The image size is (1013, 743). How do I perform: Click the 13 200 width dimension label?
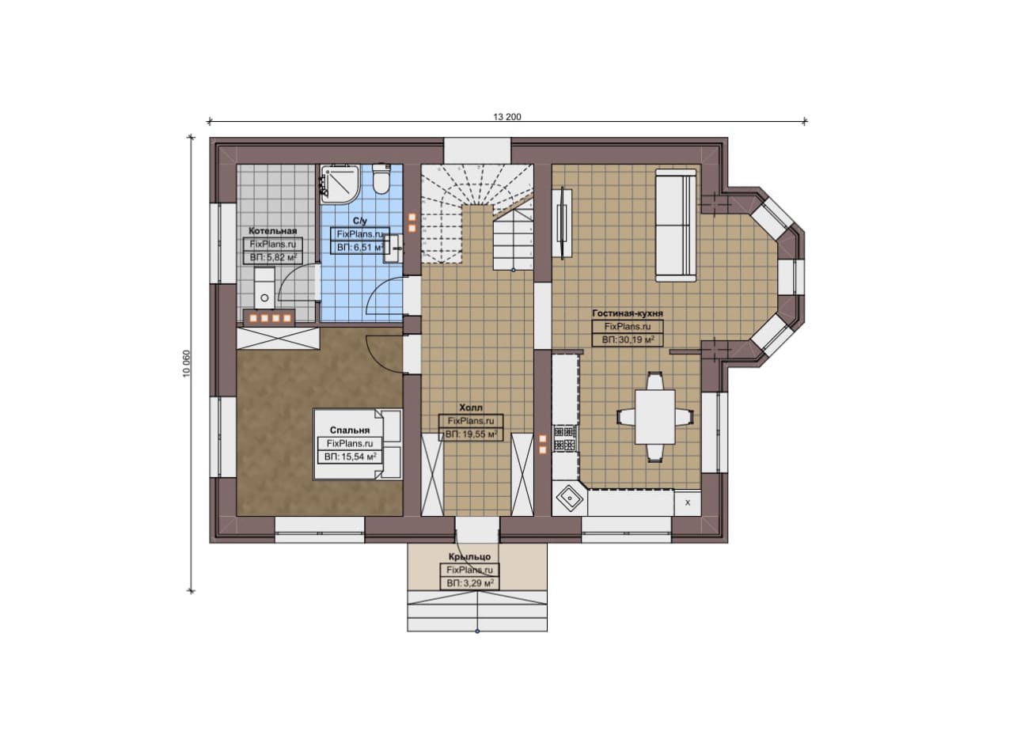click(x=507, y=116)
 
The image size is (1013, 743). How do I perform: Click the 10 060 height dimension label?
click(x=187, y=363)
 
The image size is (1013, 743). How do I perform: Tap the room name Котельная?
click(x=273, y=231)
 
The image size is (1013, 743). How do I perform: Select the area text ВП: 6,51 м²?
click(x=360, y=248)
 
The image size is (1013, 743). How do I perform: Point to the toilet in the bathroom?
click(x=381, y=179)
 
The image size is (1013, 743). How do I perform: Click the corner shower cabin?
click(x=340, y=184)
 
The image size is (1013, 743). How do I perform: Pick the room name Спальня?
click(x=350, y=430)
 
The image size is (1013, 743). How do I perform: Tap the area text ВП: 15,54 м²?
click(x=350, y=457)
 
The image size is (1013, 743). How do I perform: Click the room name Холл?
click(x=471, y=408)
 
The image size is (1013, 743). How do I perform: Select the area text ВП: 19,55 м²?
click(x=471, y=434)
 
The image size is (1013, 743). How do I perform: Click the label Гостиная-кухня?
click(x=628, y=313)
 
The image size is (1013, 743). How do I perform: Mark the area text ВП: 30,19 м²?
click(x=628, y=339)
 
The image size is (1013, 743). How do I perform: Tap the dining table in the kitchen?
click(x=654, y=416)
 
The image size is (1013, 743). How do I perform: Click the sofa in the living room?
click(x=676, y=226)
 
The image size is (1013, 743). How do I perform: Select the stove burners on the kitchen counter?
click(x=565, y=438)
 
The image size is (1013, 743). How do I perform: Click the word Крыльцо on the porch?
click(x=469, y=557)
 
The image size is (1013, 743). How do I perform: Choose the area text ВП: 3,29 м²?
click(x=470, y=583)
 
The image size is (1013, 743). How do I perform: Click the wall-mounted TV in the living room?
click(x=562, y=223)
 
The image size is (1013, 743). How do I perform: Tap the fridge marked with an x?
click(x=688, y=502)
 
